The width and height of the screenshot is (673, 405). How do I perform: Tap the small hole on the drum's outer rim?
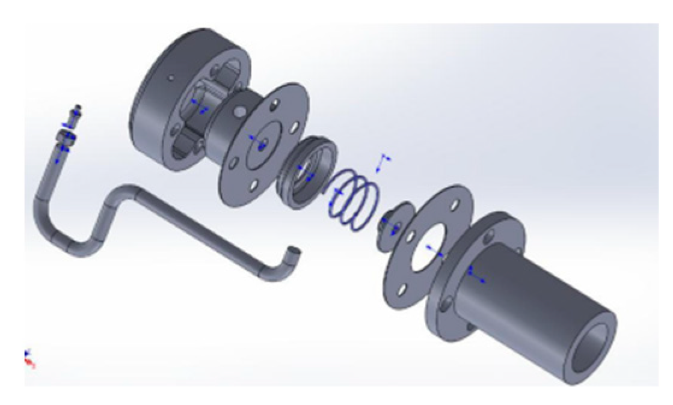(x=171, y=78)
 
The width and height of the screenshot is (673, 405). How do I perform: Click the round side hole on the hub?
(x=239, y=111)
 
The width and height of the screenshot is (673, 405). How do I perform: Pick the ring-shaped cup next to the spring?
(x=307, y=171)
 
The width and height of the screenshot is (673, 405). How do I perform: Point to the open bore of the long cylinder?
(x=592, y=349)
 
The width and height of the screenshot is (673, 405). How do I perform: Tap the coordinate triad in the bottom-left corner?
(x=29, y=358)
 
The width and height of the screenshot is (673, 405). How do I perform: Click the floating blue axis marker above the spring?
(x=382, y=162)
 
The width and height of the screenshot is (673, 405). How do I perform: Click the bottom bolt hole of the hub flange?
(x=253, y=186)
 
